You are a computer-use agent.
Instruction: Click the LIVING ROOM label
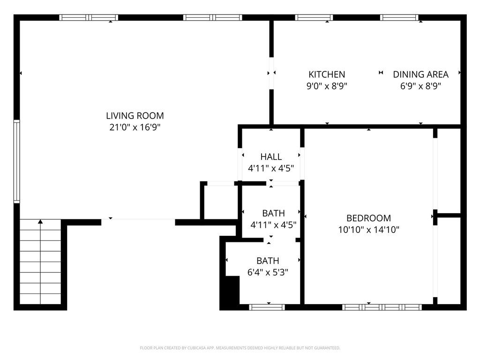click(135, 116)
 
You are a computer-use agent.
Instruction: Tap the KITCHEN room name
click(327, 75)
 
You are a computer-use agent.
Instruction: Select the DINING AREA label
click(420, 75)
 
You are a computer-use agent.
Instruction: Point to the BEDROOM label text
click(368, 218)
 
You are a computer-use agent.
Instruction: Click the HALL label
click(271, 157)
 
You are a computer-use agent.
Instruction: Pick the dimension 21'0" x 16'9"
click(135, 127)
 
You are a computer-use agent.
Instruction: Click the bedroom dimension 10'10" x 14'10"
click(368, 230)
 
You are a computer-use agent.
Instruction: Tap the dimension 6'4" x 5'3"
click(268, 272)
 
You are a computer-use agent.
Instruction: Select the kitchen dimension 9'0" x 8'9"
click(327, 86)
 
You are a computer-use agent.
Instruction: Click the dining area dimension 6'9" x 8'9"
click(420, 86)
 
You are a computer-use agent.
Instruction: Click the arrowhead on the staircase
click(40, 221)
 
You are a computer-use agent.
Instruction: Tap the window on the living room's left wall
click(16, 161)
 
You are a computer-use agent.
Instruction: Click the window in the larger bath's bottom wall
click(267, 307)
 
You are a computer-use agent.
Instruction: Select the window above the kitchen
click(314, 17)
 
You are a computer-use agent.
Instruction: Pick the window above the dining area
click(399, 17)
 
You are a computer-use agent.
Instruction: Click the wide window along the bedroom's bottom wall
click(382, 307)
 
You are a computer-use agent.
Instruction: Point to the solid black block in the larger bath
click(232, 290)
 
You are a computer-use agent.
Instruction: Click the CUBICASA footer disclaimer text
click(240, 348)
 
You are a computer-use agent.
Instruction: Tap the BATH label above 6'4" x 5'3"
click(268, 261)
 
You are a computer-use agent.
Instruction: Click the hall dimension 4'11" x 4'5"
click(271, 168)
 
